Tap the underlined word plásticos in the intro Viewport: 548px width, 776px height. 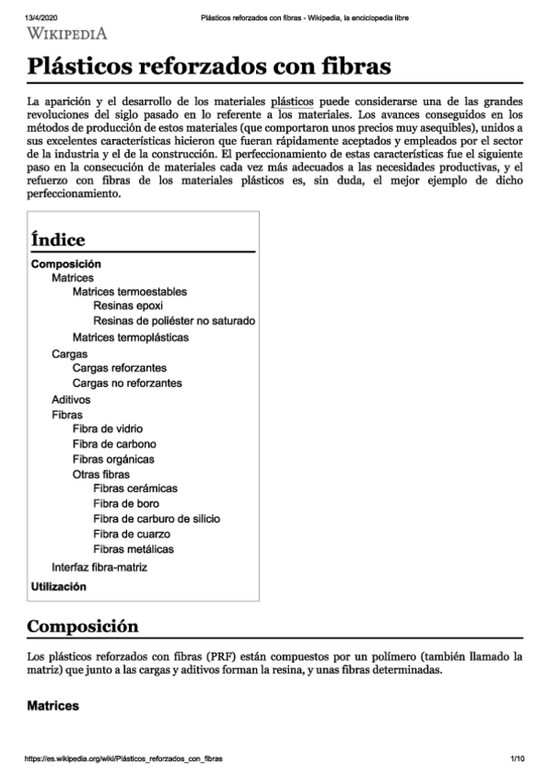tap(293, 101)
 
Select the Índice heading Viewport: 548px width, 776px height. tap(59, 240)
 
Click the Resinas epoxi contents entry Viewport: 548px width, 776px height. tap(128, 307)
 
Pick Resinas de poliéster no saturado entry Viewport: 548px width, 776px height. tap(174, 321)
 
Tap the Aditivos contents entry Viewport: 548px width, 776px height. tap(71, 400)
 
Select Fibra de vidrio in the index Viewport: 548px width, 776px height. tap(108, 429)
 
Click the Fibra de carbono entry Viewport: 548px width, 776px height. tap(113, 445)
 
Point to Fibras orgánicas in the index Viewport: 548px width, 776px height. tap(113, 459)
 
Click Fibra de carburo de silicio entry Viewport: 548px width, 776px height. tap(156, 519)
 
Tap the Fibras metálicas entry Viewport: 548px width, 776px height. tap(134, 549)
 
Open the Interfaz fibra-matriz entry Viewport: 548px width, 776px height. tap(100, 567)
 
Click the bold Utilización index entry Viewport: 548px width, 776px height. tap(59, 587)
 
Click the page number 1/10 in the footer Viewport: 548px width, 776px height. tap(517, 759)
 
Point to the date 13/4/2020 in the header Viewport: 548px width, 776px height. tap(42, 17)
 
